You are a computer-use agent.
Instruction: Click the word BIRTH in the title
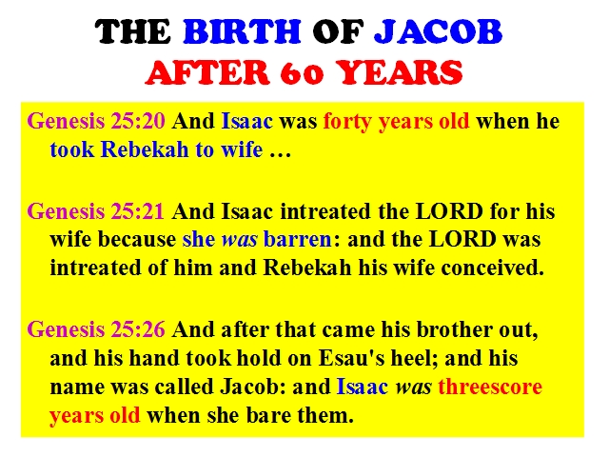pos(242,31)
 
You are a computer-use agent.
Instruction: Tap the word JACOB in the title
pos(438,31)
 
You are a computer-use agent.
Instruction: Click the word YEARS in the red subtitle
pos(400,72)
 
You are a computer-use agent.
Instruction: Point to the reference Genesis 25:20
pos(96,121)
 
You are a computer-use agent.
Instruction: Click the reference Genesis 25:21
pos(95,211)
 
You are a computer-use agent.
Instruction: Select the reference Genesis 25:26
pos(96,329)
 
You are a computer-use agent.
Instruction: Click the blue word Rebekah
pos(145,149)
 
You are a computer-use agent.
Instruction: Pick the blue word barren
pos(298,239)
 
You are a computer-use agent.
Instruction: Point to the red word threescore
pos(490,387)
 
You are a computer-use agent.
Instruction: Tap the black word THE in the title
pos(133,31)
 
